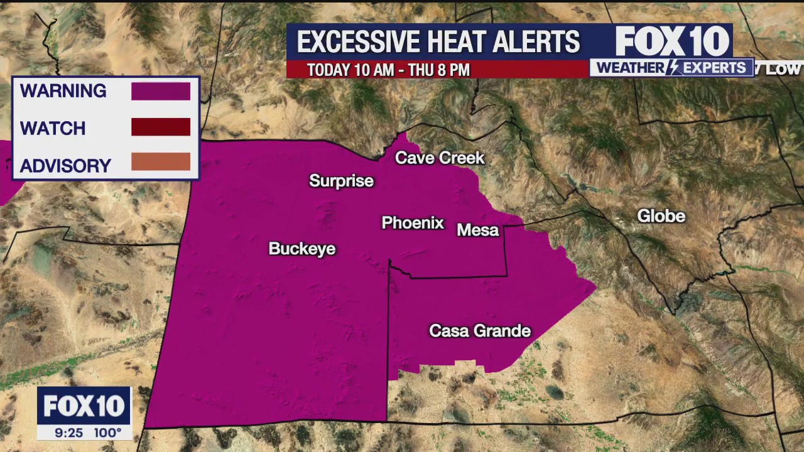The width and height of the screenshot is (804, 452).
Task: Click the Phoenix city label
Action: (x=413, y=223)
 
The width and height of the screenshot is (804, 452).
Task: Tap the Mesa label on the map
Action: (x=477, y=230)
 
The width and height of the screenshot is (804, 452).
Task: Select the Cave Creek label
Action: (x=440, y=158)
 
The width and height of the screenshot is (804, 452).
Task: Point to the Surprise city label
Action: (x=341, y=181)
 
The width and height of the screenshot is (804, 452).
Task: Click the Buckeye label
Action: (x=301, y=249)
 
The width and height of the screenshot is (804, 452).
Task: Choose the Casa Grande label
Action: (x=480, y=331)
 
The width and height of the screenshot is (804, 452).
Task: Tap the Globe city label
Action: (x=661, y=216)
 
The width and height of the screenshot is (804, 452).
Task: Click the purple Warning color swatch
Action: (x=160, y=91)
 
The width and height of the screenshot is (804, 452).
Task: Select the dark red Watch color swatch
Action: (x=160, y=127)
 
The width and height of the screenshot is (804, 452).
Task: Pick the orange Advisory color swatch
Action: (x=160, y=162)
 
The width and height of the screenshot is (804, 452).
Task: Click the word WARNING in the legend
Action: (x=63, y=91)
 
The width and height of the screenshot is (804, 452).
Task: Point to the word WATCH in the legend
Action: (x=53, y=129)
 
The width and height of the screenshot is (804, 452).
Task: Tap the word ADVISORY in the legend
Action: (x=65, y=166)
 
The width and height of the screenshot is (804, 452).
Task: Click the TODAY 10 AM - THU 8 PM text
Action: (x=388, y=70)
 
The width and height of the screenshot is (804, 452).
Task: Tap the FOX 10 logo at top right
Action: (x=672, y=42)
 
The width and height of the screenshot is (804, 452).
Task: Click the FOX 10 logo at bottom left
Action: (x=84, y=406)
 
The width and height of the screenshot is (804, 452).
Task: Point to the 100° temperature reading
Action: (x=108, y=433)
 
